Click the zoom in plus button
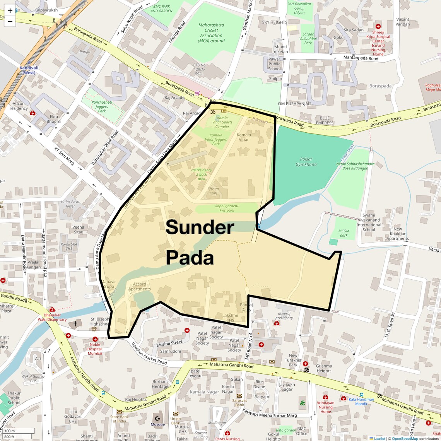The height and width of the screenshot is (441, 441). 10,11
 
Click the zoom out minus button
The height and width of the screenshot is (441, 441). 10,22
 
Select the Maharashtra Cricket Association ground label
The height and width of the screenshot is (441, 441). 211,33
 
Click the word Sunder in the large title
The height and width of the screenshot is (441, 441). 200,227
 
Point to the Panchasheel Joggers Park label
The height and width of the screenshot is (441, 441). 102,106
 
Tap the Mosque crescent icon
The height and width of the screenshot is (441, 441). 157,418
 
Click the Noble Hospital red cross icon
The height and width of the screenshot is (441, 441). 95,339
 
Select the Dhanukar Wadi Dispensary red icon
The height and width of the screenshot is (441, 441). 52,310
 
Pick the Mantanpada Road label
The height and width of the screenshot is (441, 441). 361,58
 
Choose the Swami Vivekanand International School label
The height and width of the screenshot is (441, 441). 368,222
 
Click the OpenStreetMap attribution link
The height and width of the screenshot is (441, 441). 405,438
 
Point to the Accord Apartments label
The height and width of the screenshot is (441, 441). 140,287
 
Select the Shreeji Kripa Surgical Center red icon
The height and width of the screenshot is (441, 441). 378,27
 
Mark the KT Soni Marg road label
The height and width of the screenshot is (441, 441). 64,156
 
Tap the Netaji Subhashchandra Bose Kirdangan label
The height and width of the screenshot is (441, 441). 355,166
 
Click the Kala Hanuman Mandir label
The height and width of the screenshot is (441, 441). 361,402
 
